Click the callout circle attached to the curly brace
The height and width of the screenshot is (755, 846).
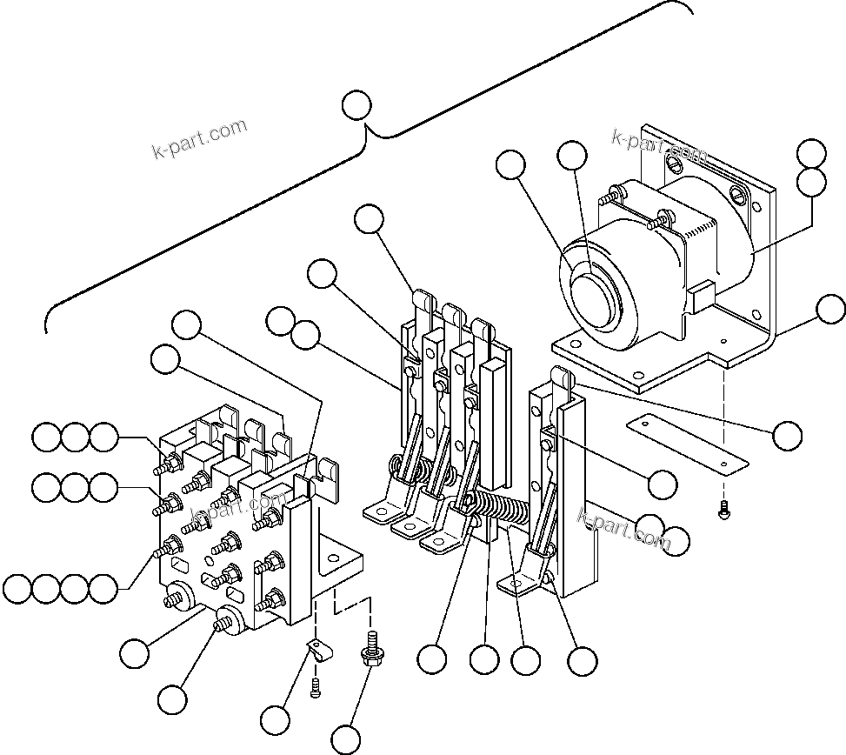click(356, 104)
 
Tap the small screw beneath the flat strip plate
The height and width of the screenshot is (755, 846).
click(723, 513)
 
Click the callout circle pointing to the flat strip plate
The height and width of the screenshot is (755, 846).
click(787, 436)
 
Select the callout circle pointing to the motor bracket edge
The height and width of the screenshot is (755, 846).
click(831, 309)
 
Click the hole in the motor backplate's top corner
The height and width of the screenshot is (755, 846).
click(741, 192)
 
